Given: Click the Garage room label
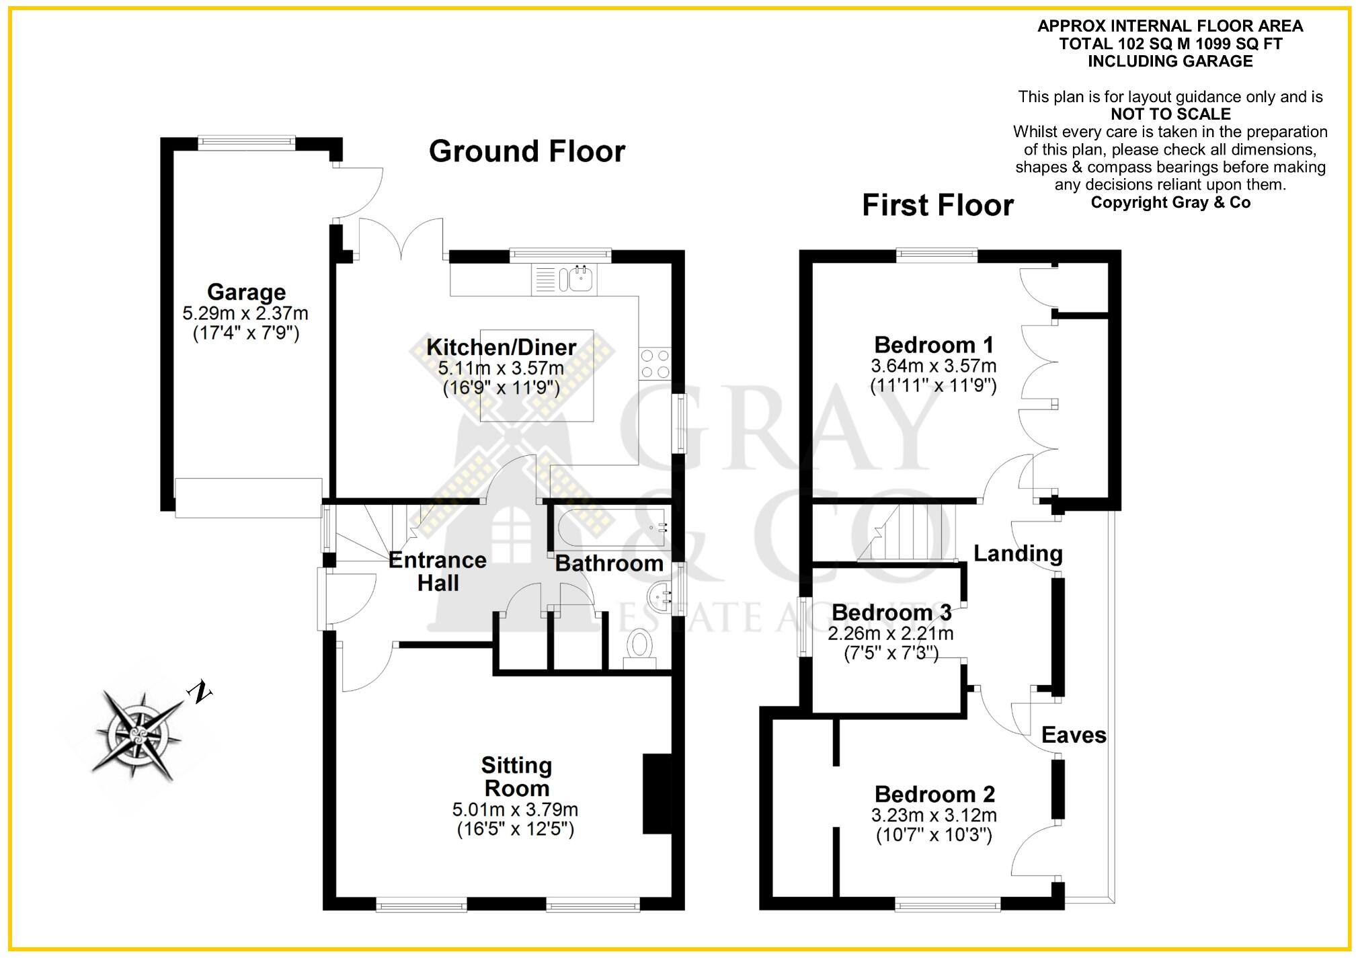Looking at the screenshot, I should (x=246, y=292).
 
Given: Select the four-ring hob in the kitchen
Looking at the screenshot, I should (x=655, y=363).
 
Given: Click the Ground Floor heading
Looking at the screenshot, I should (x=526, y=151).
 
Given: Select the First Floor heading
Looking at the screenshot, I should (x=937, y=205).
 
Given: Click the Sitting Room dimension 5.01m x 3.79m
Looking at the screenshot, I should (x=515, y=809).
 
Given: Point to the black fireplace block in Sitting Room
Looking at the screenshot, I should (x=657, y=794).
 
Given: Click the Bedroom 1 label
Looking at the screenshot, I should (x=933, y=345).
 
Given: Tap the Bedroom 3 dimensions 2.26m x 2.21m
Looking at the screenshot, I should (x=890, y=633).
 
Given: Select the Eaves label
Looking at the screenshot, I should (x=1073, y=735).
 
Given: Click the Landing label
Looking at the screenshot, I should (x=1018, y=553).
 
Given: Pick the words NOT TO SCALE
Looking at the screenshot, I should (x=1170, y=114).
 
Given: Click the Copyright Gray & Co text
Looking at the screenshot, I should (x=1170, y=202).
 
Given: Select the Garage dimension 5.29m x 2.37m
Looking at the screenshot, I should (x=245, y=313).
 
